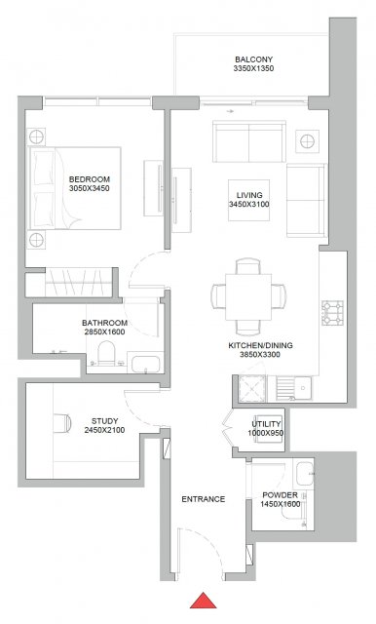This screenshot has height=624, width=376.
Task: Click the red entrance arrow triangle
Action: pos(204,601)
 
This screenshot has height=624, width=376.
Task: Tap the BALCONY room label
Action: pos(253,59)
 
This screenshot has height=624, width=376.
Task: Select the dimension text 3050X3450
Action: pos(90,188)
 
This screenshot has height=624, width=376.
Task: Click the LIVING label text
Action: pos(249,195)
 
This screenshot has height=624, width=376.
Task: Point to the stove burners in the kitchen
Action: pos(332,313)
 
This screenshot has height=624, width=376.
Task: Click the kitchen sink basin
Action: pos(304,387)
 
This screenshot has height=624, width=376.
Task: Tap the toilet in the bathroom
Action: pos(106,353)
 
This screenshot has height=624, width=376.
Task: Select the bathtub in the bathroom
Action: pos(146,364)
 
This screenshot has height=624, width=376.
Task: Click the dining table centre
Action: pos(248,296)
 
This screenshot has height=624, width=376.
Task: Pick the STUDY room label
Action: pos(104,421)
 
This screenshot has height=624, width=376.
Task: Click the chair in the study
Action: pos(62,423)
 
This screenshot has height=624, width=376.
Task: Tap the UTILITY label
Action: pos(266,424)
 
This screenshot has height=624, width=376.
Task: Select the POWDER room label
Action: pos(280,495)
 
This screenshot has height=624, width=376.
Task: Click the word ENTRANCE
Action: pos(204,499)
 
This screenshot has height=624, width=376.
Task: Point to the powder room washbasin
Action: pos(305,474)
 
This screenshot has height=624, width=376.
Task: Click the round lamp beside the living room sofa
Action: pos(307,140)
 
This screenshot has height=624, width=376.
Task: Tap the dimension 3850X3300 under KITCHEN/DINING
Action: pos(260,355)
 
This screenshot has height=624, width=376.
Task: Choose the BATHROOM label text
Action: pos(104,323)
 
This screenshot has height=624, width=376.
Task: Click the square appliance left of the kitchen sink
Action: pos(252,387)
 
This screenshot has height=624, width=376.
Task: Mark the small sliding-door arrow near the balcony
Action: pos(230,111)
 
